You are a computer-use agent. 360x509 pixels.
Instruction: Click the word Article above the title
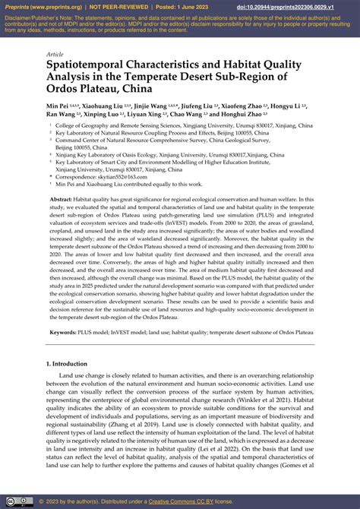click(54, 55)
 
